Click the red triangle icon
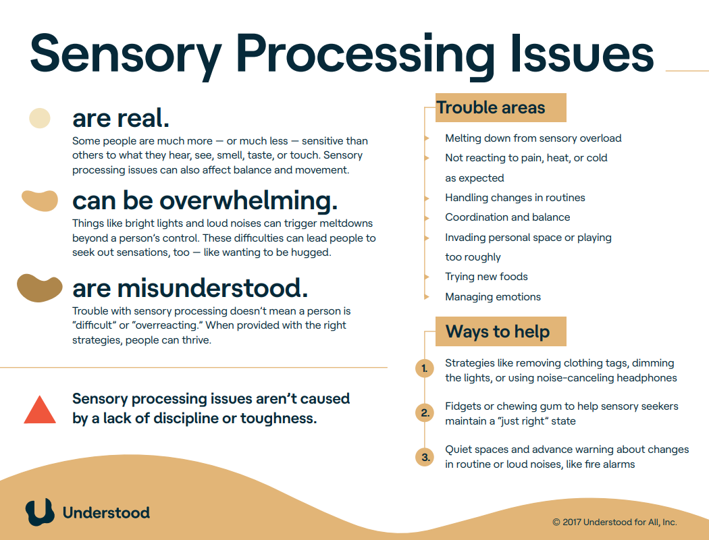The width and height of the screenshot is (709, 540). tap(40, 411)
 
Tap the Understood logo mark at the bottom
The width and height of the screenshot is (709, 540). tap(40, 512)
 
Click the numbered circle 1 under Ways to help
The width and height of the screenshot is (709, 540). tap(424, 369)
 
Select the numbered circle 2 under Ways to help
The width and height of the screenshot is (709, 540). tap(424, 413)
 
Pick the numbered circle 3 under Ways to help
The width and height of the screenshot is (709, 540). tap(424, 457)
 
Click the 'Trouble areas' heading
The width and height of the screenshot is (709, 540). tap(491, 108)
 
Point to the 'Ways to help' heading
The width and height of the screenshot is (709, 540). tap(498, 331)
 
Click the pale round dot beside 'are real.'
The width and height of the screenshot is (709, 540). tap(40, 118)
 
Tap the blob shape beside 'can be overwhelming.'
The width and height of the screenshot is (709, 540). tap(40, 200)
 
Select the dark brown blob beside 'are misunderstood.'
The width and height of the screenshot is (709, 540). tap(40, 288)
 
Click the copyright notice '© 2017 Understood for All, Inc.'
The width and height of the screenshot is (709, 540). tap(614, 522)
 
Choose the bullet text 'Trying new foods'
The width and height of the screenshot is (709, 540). tap(486, 277)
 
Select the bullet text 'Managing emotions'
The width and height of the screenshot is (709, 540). tap(493, 297)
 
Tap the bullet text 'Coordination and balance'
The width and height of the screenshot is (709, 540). tap(507, 217)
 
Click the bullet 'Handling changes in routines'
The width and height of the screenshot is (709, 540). tap(515, 198)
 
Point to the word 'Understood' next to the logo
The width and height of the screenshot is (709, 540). tap(106, 512)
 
